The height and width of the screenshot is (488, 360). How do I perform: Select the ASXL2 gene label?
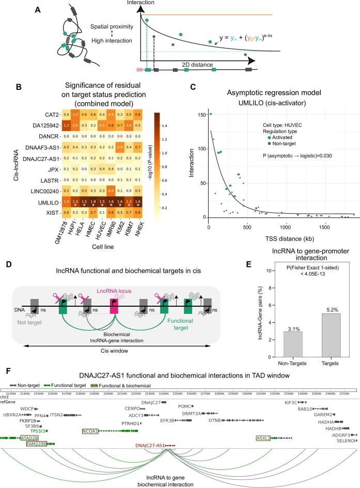click(x=264, y=438)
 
